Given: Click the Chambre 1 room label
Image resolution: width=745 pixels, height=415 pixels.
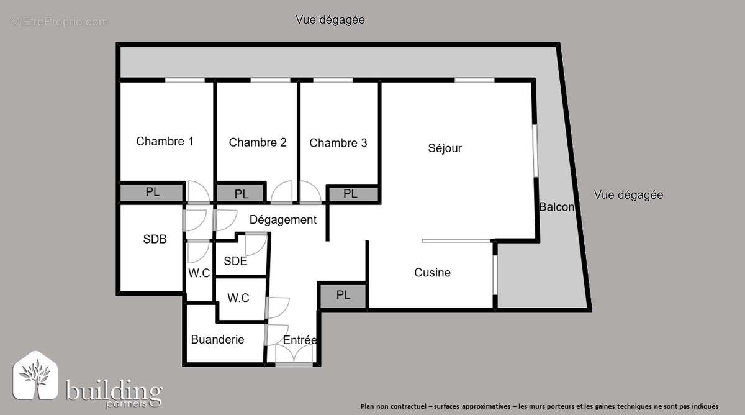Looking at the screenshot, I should [165, 141].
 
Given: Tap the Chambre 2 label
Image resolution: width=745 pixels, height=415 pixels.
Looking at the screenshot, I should [258, 142].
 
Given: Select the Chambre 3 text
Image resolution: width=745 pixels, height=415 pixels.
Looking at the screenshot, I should [338, 143].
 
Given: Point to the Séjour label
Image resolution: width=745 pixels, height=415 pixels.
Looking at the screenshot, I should [445, 148].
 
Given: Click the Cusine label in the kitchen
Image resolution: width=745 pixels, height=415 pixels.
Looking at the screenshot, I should [432, 273].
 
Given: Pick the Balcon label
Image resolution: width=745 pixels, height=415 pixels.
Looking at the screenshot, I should [556, 207].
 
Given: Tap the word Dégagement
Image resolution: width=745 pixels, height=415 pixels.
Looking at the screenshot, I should [283, 219].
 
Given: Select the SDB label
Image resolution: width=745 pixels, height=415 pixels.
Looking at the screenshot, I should [155, 239].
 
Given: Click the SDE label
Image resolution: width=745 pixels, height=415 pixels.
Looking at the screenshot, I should [235, 261].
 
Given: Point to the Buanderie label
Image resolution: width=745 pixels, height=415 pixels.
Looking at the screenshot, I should [217, 339].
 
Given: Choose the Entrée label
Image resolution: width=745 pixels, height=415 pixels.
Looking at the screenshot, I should [300, 340].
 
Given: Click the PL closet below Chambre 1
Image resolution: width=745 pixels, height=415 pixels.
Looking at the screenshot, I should [152, 192].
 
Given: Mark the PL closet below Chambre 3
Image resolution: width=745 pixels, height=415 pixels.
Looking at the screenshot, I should [350, 193].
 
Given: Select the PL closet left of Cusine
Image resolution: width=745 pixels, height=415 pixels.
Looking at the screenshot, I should [343, 295].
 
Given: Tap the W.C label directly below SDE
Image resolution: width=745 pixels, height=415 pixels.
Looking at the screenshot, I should [238, 298].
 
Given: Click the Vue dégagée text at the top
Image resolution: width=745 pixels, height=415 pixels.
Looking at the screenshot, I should [330, 20].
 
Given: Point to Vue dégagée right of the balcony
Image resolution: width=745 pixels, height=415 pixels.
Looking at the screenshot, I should [628, 194].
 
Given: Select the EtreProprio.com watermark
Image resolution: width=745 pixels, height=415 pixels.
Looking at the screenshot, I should [60, 22].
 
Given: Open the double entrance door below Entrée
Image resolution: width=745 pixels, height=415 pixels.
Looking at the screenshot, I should [294, 356].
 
